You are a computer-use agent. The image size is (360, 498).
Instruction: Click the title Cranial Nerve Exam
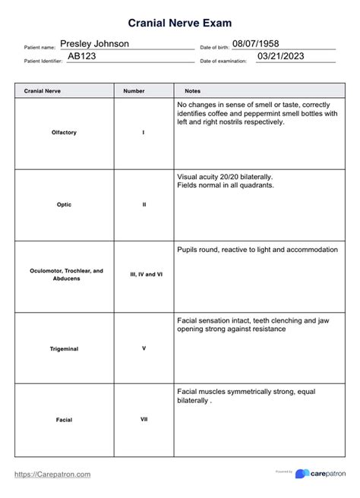pyautogui.click(x=179, y=24)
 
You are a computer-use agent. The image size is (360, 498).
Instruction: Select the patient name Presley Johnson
pyautogui.click(x=94, y=44)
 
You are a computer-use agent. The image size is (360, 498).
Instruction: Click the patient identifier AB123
pyautogui.click(x=81, y=56)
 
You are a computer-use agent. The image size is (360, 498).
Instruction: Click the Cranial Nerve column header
pyautogui.click(x=43, y=90)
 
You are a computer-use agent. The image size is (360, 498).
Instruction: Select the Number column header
pyautogui.click(x=134, y=90)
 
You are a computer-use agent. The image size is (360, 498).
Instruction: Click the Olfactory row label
pyautogui.click(x=64, y=133)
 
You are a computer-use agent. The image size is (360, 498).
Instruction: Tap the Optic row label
pyautogui.click(x=64, y=204)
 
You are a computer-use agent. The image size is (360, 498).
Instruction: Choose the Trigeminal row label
pyautogui.click(x=64, y=348)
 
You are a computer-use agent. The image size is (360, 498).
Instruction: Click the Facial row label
pyautogui.click(x=64, y=419)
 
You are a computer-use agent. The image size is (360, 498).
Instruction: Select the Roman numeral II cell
pyautogui.click(x=144, y=204)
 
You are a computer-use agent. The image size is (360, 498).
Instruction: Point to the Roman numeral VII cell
pyautogui.click(x=144, y=419)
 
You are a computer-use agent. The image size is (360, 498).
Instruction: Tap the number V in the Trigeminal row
pyautogui.click(x=144, y=348)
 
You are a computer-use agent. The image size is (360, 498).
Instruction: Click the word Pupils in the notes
pyautogui.click(x=188, y=249)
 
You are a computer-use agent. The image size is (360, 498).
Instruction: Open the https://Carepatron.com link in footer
pyautogui.click(x=53, y=474)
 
